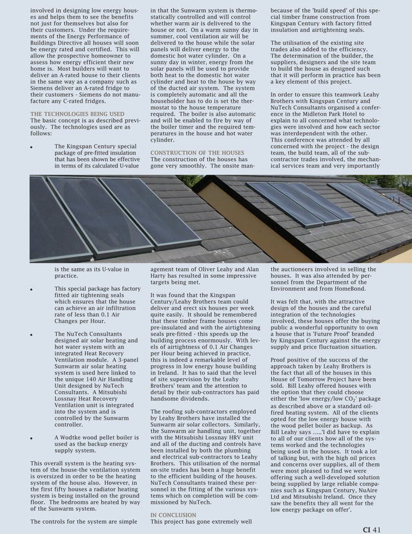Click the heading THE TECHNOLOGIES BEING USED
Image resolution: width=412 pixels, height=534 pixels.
pos(77,114)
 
